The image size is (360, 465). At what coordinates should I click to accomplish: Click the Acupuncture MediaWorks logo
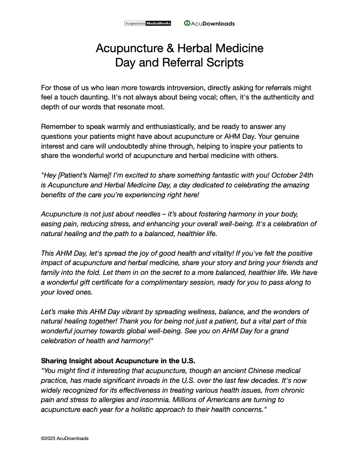click(147, 23)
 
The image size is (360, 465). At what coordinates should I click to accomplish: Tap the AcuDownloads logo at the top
click(209, 23)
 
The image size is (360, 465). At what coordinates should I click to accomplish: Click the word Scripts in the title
click(225, 62)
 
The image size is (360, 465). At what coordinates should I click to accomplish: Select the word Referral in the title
click(179, 62)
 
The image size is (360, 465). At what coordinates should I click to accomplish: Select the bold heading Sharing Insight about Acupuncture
click(118, 361)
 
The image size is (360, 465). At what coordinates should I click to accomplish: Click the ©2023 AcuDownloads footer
click(65, 438)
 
